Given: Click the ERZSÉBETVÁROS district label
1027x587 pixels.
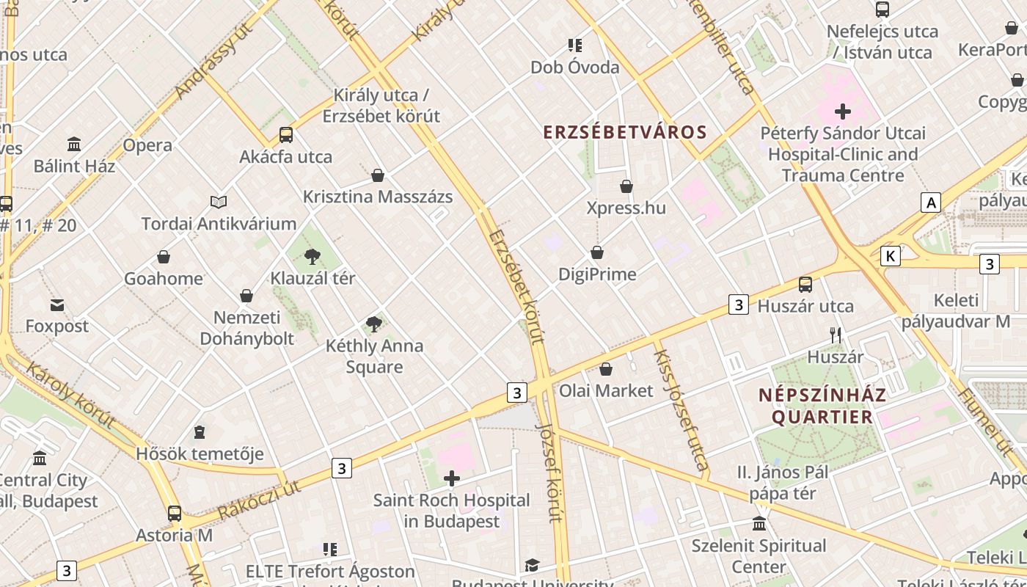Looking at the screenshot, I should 625,132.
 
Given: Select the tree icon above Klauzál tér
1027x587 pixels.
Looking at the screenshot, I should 313,256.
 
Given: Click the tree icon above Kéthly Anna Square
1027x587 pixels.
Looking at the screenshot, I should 374,324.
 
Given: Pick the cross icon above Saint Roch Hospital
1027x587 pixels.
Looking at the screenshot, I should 452,479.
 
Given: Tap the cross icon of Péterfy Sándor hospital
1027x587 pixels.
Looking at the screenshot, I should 843,112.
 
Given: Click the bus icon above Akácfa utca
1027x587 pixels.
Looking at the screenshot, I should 286,135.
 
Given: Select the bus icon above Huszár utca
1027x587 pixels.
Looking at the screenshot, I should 805,285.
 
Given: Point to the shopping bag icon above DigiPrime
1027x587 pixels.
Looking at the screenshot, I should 597,252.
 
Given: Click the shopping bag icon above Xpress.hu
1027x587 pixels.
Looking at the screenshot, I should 626,186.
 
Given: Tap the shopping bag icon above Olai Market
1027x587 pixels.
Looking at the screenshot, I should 606,368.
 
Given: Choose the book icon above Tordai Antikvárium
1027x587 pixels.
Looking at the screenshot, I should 219,202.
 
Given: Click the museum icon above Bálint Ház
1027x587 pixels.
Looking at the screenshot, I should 74,144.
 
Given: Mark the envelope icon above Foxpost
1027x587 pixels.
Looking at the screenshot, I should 56,305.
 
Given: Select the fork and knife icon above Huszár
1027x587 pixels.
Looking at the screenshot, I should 835,335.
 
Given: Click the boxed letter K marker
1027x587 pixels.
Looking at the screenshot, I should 890,255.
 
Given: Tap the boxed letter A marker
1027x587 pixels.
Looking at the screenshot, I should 931,203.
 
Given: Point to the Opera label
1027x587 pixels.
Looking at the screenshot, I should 147,145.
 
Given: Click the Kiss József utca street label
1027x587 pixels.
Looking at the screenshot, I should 681,409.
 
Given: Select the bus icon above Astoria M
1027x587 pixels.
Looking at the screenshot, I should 174,514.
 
